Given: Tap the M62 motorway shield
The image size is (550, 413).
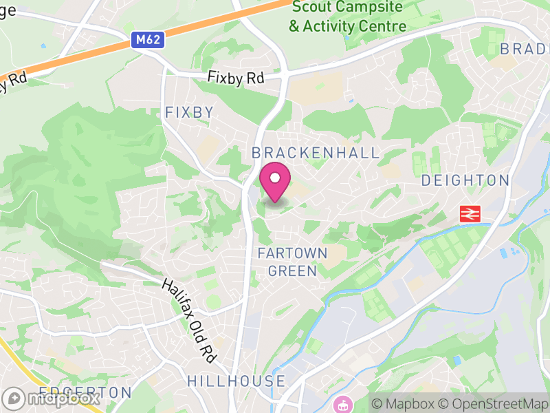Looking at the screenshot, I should (148, 40).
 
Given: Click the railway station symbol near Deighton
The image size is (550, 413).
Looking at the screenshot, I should (470, 214).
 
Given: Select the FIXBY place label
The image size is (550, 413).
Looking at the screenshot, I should (189, 112).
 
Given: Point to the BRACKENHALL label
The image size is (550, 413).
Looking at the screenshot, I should (316, 153).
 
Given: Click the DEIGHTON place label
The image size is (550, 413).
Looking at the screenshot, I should (465, 180).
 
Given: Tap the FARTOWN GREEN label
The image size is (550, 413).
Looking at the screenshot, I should (292, 262).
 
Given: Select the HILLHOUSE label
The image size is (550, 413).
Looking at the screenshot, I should (236, 381).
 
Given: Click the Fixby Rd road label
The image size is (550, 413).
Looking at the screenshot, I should (236, 78).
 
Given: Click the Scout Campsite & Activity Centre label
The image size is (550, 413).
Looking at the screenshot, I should (348, 17).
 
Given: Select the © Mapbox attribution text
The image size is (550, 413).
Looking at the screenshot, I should (404, 404).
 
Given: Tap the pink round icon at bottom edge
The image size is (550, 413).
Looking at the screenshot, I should (342, 405).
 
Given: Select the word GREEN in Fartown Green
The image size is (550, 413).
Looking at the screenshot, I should (292, 271).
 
